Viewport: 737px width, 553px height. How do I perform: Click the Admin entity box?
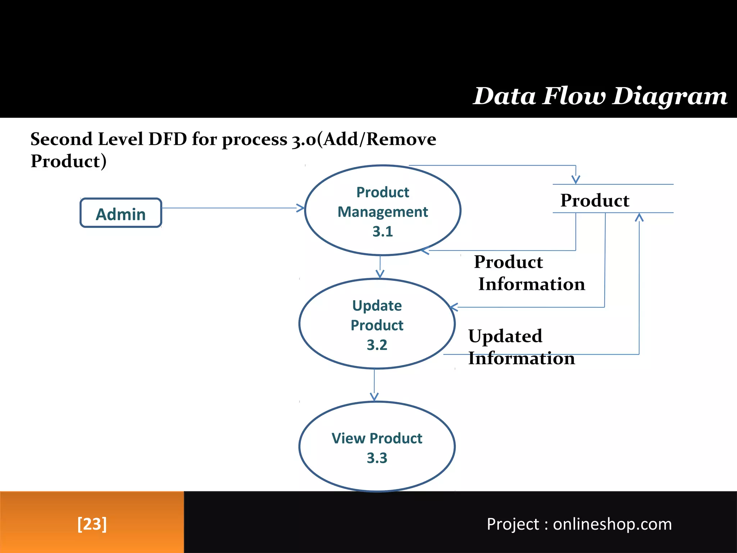(x=121, y=213)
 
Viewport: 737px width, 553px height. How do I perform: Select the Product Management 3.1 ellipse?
(x=383, y=210)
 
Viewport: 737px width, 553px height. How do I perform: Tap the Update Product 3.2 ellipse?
(x=377, y=324)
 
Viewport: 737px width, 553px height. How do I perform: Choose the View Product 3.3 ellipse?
(x=377, y=447)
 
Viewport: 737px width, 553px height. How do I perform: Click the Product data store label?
(x=595, y=200)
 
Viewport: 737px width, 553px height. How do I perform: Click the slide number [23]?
(x=92, y=523)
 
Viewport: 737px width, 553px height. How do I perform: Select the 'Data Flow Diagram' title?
(x=600, y=96)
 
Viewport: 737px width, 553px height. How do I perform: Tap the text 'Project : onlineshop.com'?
(x=579, y=524)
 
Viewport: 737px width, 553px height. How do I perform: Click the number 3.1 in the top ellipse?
(x=383, y=231)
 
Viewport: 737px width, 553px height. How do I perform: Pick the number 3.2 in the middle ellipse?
(x=377, y=345)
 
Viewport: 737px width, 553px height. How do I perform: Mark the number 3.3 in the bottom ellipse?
(x=377, y=458)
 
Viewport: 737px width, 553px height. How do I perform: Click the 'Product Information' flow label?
(x=529, y=273)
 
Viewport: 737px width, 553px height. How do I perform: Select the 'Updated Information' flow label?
(x=521, y=347)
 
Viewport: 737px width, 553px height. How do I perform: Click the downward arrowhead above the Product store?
(x=576, y=179)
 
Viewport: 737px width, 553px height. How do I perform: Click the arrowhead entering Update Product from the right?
(x=454, y=307)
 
